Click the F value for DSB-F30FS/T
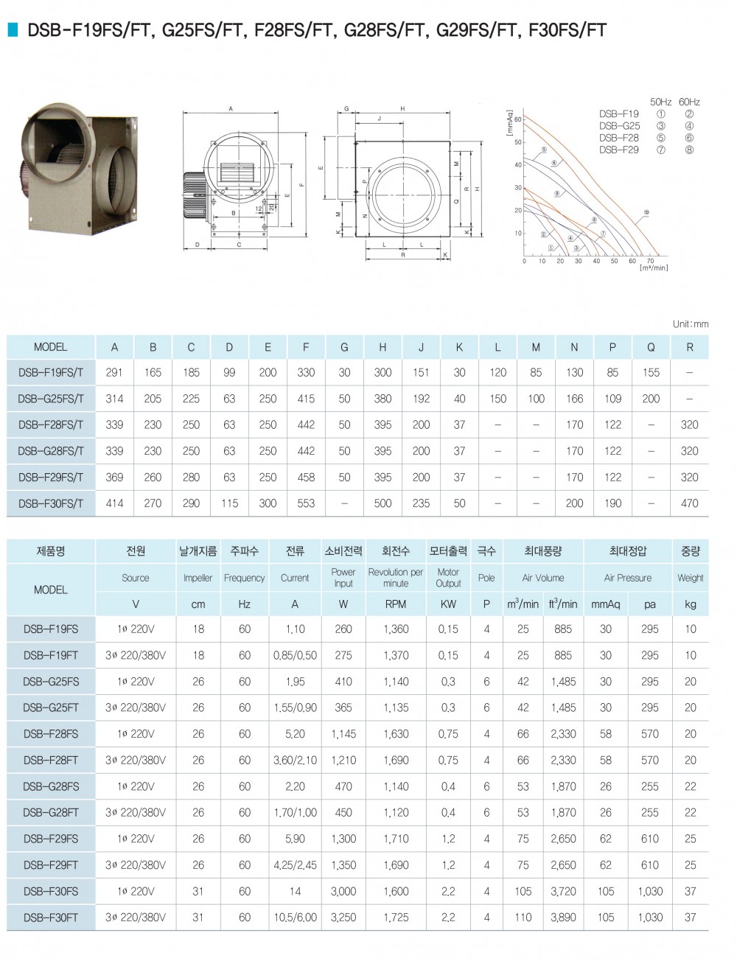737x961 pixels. (x=306, y=503)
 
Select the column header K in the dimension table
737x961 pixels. (x=459, y=347)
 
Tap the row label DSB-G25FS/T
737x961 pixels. (x=51, y=399)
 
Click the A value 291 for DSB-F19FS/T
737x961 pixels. (x=114, y=373)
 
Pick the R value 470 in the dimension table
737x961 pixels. (x=689, y=503)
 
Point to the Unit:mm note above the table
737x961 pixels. (x=691, y=324)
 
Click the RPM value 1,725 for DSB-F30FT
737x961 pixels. (x=396, y=918)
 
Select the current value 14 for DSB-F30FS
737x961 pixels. (x=295, y=891)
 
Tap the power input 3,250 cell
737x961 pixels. (x=343, y=918)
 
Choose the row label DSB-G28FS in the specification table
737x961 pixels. (x=51, y=786)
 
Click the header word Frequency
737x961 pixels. (x=244, y=578)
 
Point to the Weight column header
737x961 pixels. (x=690, y=578)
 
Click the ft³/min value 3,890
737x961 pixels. (x=563, y=918)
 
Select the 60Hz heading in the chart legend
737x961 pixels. (x=689, y=102)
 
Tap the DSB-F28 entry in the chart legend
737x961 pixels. (x=619, y=138)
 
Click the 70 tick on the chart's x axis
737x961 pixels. (x=651, y=261)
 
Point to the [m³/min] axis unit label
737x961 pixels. (x=654, y=268)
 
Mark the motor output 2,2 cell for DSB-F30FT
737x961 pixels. (x=448, y=918)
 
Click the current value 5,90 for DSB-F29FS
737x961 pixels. (x=295, y=839)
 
